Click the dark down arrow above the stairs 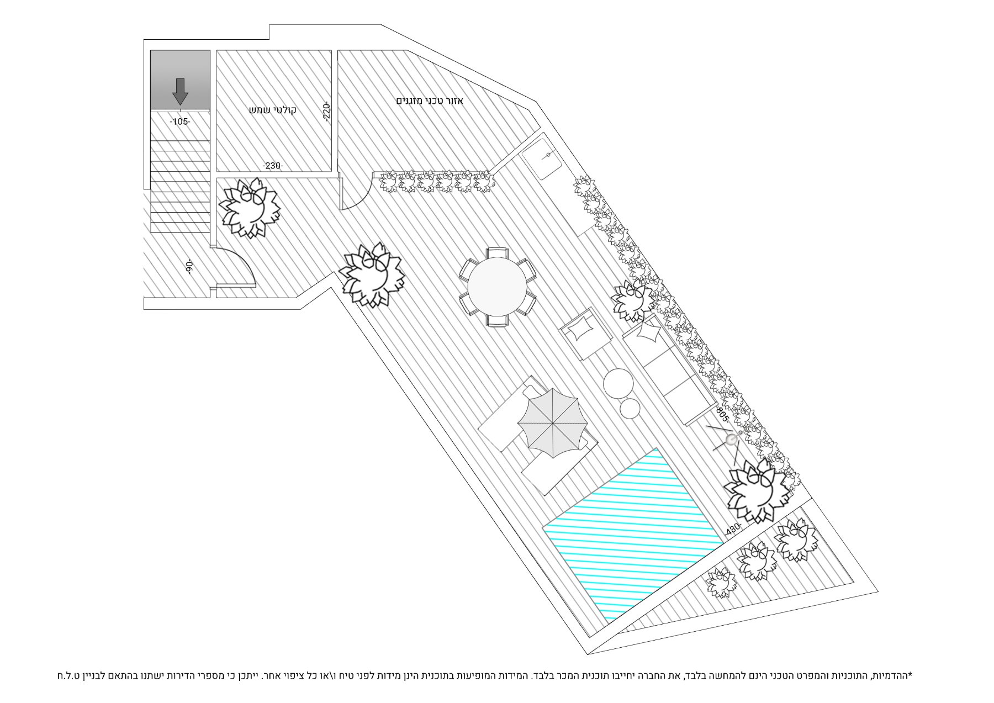(180, 91)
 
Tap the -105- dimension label (179, 121)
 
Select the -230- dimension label (272, 166)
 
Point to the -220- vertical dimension (326, 113)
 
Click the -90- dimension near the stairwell (189, 267)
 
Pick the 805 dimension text (722, 414)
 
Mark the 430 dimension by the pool (733, 528)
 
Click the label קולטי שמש (273, 110)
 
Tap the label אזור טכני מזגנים (430, 101)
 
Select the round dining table (496, 287)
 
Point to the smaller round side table (630, 409)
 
